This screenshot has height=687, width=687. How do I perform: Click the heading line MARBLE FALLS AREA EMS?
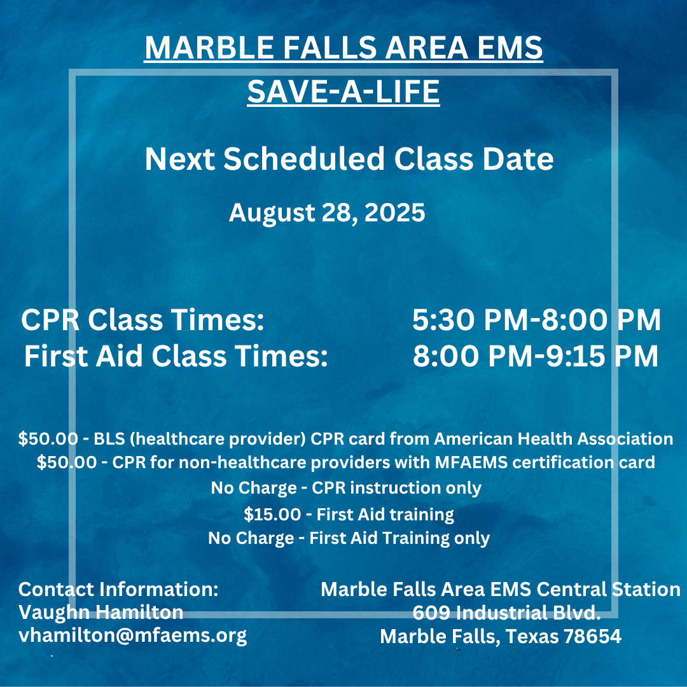pos(343,48)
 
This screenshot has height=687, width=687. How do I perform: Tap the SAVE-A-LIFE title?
pos(343,91)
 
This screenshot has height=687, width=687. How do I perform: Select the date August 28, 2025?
pos(326,212)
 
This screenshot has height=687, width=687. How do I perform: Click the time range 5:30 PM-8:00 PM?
pos(536,321)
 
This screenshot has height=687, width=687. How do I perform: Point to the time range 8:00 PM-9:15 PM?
pos(535,357)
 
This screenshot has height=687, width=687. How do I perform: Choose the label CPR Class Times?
pos(142,321)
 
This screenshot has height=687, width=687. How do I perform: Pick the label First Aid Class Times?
pos(176,357)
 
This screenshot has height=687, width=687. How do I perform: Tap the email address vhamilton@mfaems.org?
pos(132,635)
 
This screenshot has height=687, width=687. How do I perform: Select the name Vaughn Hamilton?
pos(101,612)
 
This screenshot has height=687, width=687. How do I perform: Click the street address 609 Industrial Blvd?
pos(506,613)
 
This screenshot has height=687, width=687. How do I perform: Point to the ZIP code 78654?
pos(592,636)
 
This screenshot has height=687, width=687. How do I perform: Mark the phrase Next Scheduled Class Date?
pos(349,159)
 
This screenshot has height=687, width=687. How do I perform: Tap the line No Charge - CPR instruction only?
pos(345,489)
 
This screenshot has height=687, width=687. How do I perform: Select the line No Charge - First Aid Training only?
pos(349,538)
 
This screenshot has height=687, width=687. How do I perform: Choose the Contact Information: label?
pos(118,589)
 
